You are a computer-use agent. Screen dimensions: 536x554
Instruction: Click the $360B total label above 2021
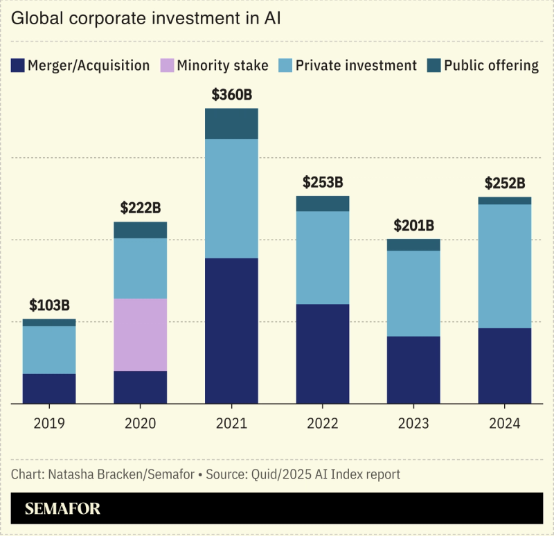[x=231, y=95]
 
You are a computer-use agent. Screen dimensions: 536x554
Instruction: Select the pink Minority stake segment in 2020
[x=140, y=334]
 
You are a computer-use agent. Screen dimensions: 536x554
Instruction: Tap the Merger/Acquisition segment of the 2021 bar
[x=231, y=330]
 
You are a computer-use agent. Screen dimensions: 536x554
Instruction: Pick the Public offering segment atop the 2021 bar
[x=231, y=124]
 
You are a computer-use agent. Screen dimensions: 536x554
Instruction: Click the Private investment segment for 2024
[x=505, y=266]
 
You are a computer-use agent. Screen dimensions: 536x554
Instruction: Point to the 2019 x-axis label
[x=49, y=423]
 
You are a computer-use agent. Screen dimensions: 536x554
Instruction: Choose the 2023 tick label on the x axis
[x=413, y=423]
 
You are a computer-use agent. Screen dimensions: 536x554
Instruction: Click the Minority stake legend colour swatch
[x=166, y=66]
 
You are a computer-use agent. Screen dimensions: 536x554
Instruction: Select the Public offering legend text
[x=491, y=66]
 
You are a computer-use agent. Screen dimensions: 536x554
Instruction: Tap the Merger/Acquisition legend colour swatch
[x=17, y=66]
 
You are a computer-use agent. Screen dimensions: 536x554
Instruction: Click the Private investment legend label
[x=356, y=66]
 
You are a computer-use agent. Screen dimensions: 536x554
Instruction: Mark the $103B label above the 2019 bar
[x=49, y=305]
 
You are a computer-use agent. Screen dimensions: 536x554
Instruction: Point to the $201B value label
[x=413, y=225]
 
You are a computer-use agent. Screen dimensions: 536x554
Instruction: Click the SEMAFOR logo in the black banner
[x=63, y=509]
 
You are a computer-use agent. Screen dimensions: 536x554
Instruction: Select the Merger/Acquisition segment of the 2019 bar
[x=49, y=388]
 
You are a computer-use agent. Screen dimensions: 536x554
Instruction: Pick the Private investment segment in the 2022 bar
[x=323, y=258]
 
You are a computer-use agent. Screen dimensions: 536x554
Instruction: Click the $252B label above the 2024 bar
[x=505, y=184]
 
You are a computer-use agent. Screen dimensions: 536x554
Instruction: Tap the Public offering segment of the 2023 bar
[x=413, y=244]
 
